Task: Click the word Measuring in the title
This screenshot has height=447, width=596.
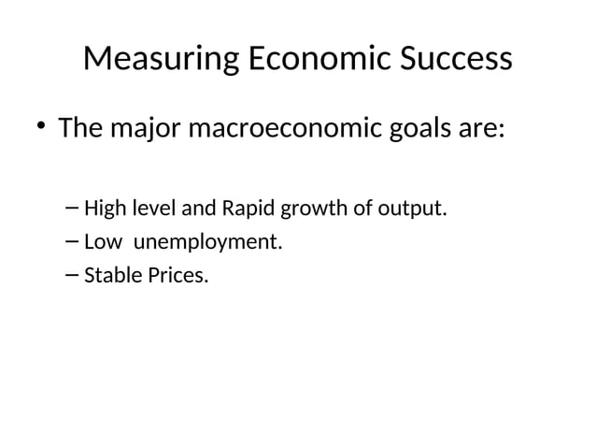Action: click(161, 61)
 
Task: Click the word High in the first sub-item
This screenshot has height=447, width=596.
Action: click(104, 208)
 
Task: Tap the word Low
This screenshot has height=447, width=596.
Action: click(103, 242)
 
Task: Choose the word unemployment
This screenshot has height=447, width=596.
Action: click(207, 243)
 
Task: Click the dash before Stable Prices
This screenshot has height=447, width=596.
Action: click(74, 277)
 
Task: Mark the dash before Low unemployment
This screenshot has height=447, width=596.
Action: click(74, 242)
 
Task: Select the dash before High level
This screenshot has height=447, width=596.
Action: click(74, 208)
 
